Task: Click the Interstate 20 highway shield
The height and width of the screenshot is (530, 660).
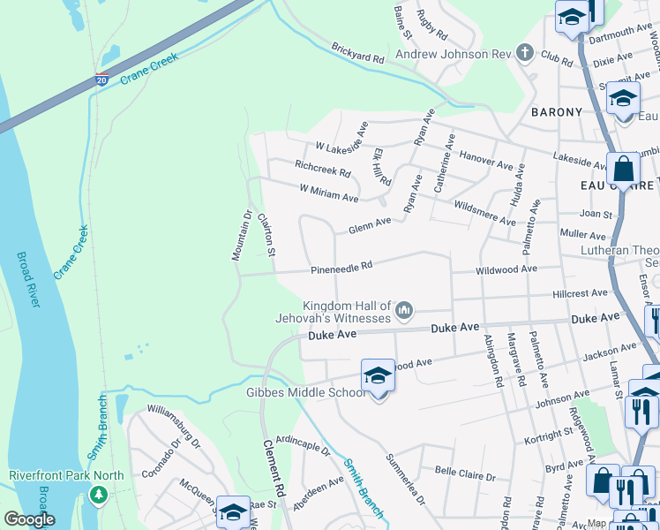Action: [x=103, y=79]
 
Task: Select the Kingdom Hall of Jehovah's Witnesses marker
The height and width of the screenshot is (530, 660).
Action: [x=405, y=308]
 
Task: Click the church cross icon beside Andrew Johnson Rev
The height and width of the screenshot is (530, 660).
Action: [x=525, y=54]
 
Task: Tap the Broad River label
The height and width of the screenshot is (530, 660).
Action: [x=28, y=279]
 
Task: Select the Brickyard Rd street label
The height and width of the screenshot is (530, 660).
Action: [x=358, y=53]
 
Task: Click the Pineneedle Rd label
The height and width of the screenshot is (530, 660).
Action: [x=341, y=266]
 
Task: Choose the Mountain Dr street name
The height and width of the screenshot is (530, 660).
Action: [x=242, y=235]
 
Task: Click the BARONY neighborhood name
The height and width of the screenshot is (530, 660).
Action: [x=557, y=112]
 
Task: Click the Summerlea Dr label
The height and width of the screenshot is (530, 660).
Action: [x=405, y=480]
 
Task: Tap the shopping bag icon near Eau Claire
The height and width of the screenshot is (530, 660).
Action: [x=623, y=168]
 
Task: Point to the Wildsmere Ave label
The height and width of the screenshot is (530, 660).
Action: [x=484, y=214]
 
